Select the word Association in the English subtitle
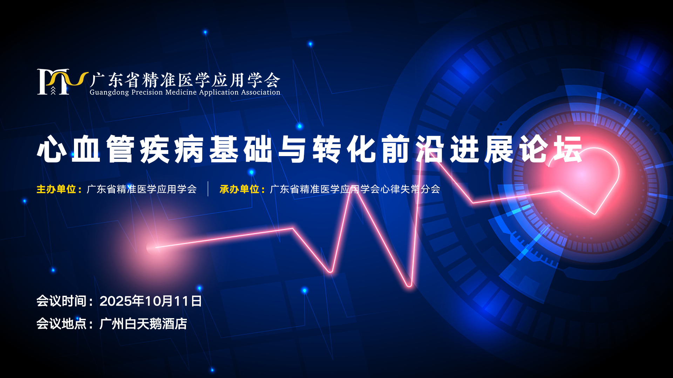(260, 92)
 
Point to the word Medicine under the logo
(181, 92)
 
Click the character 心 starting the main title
(52, 149)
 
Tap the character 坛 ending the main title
(568, 149)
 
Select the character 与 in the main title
(293, 149)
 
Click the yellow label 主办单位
(56, 189)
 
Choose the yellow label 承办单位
(239, 189)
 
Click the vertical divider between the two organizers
(208, 189)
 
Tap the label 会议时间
(61, 301)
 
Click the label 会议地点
(61, 324)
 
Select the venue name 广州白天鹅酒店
(143, 324)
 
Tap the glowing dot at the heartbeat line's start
(152, 248)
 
